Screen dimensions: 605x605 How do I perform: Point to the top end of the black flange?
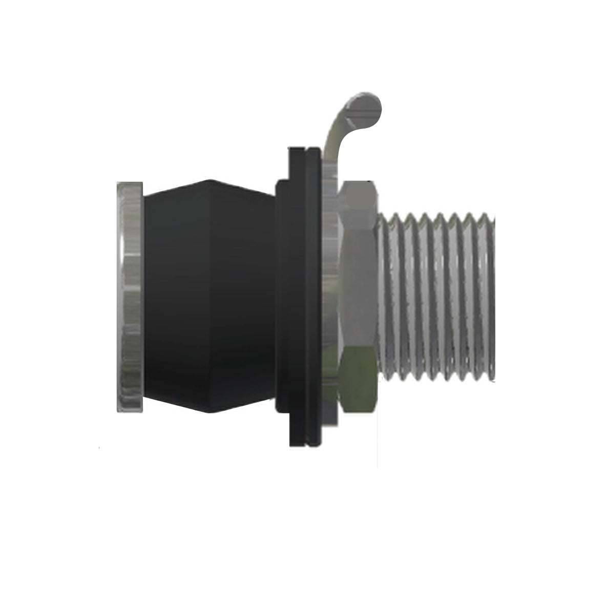coord(305,150)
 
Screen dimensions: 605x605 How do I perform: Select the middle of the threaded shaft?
coord(435,297)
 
